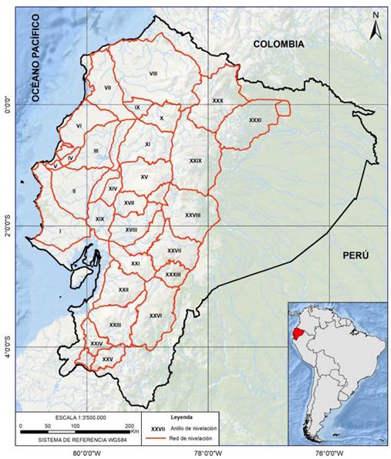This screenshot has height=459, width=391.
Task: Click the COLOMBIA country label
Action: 279,44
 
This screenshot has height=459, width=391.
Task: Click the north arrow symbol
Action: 373,28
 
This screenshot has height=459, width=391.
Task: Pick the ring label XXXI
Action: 255,120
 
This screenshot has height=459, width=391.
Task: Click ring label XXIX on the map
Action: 195,160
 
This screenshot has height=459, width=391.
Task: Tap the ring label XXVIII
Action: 192,215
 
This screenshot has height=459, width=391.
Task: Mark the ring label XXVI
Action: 155,316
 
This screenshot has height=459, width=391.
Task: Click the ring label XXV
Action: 107,359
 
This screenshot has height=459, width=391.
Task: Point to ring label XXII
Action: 123,289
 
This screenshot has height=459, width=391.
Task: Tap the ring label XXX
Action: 217,101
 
